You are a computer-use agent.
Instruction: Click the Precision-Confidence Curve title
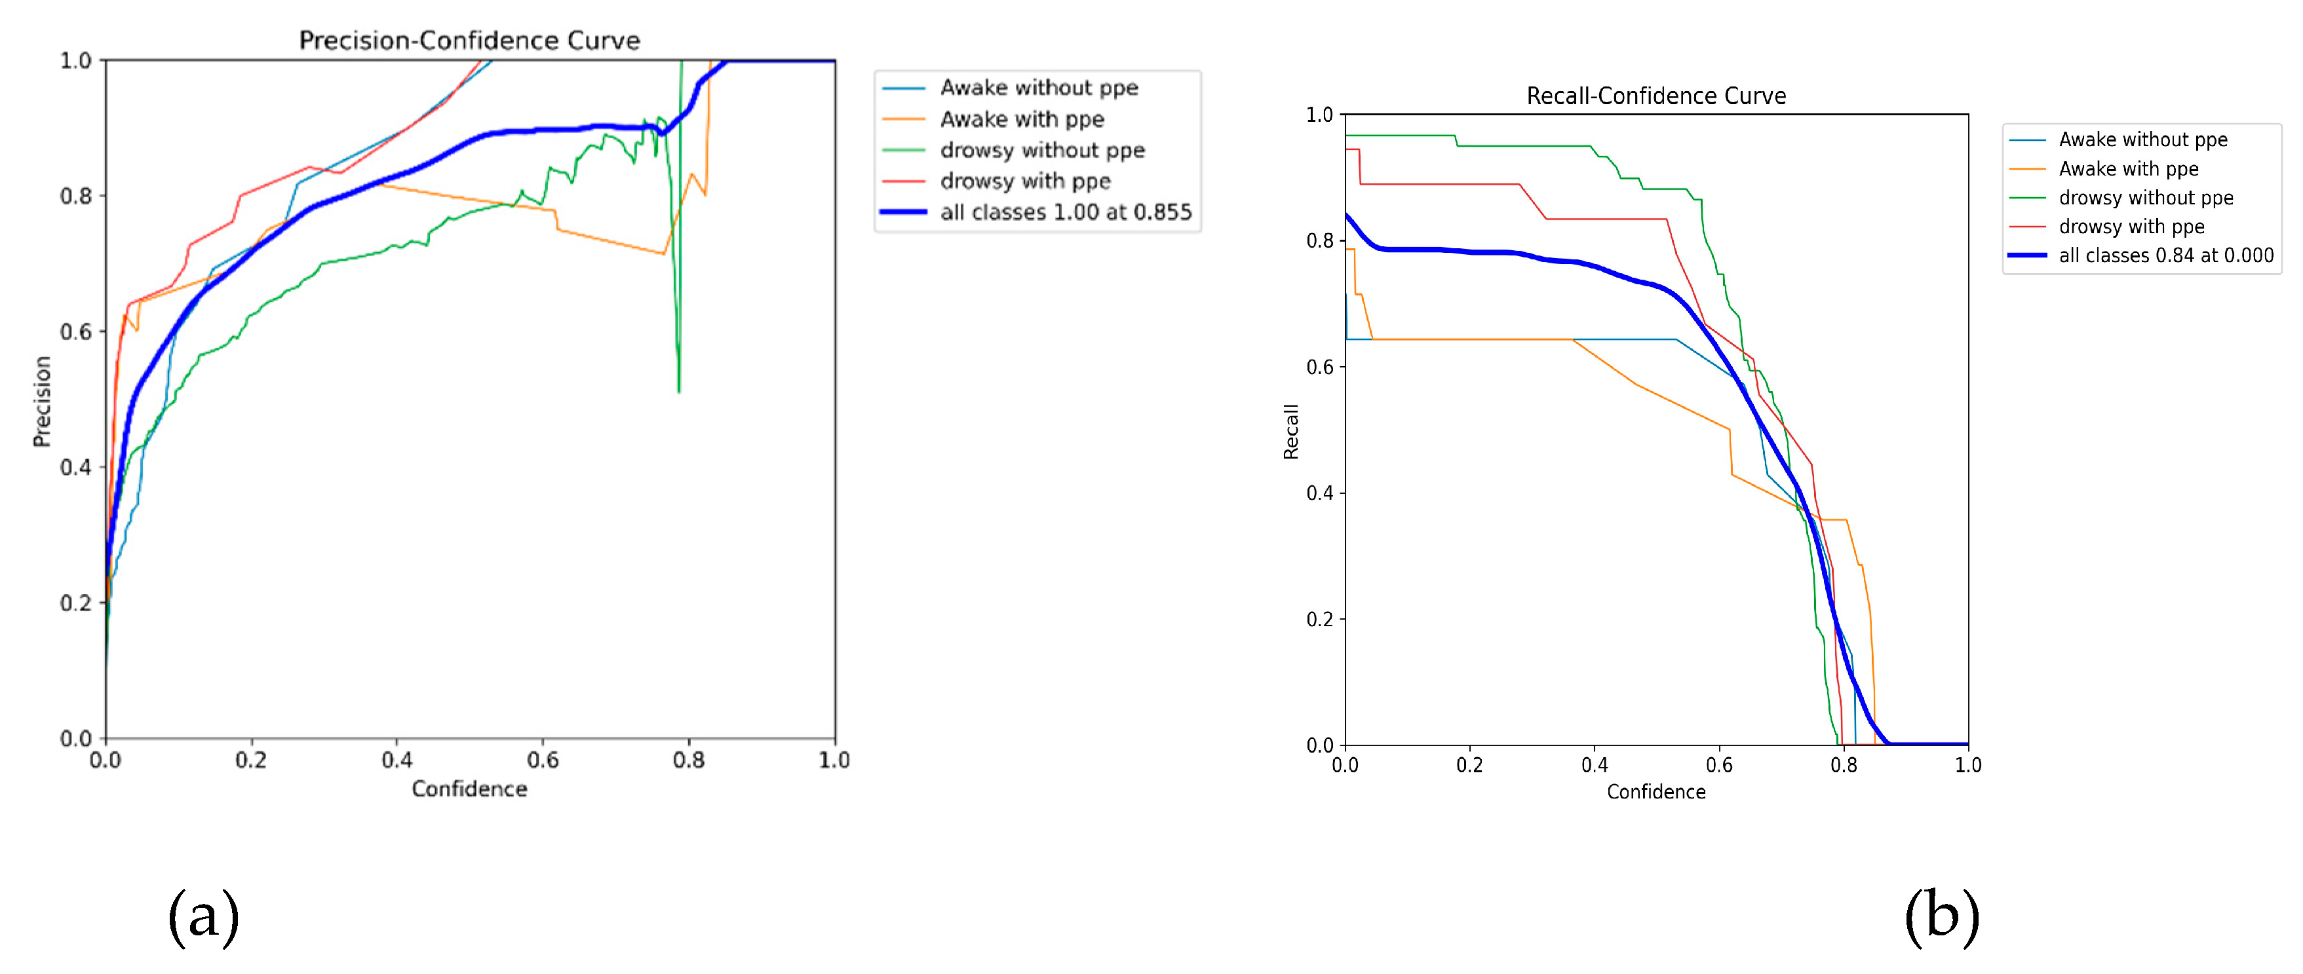[469, 40]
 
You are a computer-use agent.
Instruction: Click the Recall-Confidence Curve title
[1655, 96]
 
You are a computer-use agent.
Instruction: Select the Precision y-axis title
[41, 402]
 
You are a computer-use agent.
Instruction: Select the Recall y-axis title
[1290, 432]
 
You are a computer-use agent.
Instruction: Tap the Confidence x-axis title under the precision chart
[469, 789]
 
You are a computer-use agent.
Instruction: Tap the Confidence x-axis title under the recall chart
[1655, 792]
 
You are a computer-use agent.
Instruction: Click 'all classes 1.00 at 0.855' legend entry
[1065, 212]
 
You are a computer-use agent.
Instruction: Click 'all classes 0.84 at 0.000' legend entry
[2165, 255]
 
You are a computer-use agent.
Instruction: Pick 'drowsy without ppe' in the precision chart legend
[1041, 150]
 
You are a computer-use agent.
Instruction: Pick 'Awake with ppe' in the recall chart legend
[2128, 169]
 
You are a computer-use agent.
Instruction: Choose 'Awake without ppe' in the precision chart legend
[1039, 88]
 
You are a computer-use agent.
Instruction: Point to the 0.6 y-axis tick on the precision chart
[76, 331]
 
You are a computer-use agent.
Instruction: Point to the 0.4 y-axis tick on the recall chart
[1319, 493]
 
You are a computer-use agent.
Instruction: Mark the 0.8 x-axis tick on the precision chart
[688, 760]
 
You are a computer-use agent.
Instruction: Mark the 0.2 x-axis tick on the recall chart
[1469, 766]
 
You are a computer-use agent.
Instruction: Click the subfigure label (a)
[204, 917]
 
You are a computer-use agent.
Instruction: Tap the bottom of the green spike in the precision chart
[678, 390]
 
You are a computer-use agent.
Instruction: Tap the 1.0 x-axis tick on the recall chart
[1967, 766]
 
